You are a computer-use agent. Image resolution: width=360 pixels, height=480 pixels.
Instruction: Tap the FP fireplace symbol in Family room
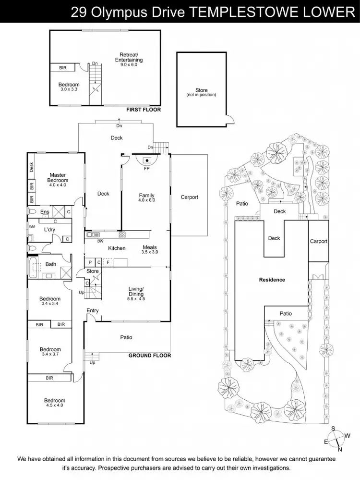click(146, 161)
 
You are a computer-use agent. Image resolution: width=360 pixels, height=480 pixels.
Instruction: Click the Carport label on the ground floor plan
click(189, 197)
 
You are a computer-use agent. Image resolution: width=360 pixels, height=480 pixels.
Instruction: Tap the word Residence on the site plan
click(272, 280)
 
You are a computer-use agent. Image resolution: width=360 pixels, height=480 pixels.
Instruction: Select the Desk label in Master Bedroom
click(32, 167)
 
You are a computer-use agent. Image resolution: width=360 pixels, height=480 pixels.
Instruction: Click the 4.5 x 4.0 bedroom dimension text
click(54, 406)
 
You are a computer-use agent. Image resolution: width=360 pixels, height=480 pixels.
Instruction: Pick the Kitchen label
click(117, 248)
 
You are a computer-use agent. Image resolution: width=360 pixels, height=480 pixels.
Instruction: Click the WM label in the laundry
click(32, 226)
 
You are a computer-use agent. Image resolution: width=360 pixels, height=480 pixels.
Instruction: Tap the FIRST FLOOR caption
click(143, 110)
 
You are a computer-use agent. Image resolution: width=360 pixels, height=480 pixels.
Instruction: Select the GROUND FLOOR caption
click(149, 356)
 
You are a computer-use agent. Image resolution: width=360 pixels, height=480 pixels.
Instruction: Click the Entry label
click(93, 310)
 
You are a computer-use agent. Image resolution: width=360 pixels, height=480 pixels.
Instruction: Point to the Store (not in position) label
click(202, 92)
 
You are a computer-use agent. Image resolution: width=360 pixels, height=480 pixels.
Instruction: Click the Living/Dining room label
click(136, 291)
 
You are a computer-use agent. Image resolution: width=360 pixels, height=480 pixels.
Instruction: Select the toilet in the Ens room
click(32, 211)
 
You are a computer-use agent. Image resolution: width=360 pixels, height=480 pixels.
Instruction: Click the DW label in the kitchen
click(100, 241)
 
